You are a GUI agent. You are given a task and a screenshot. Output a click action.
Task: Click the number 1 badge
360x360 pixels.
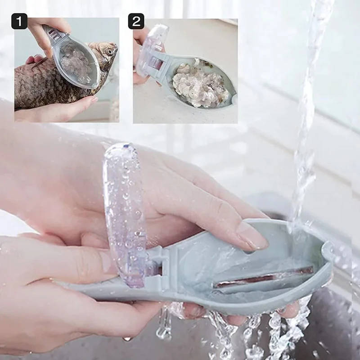(19, 21)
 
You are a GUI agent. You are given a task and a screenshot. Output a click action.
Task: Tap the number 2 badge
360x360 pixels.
(136, 21)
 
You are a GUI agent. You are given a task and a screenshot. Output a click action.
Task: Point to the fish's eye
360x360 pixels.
(109, 52)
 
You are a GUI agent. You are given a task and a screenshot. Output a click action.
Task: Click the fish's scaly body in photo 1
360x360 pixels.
(40, 85)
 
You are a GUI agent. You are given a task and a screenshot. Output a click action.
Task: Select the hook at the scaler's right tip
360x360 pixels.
(327, 252)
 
